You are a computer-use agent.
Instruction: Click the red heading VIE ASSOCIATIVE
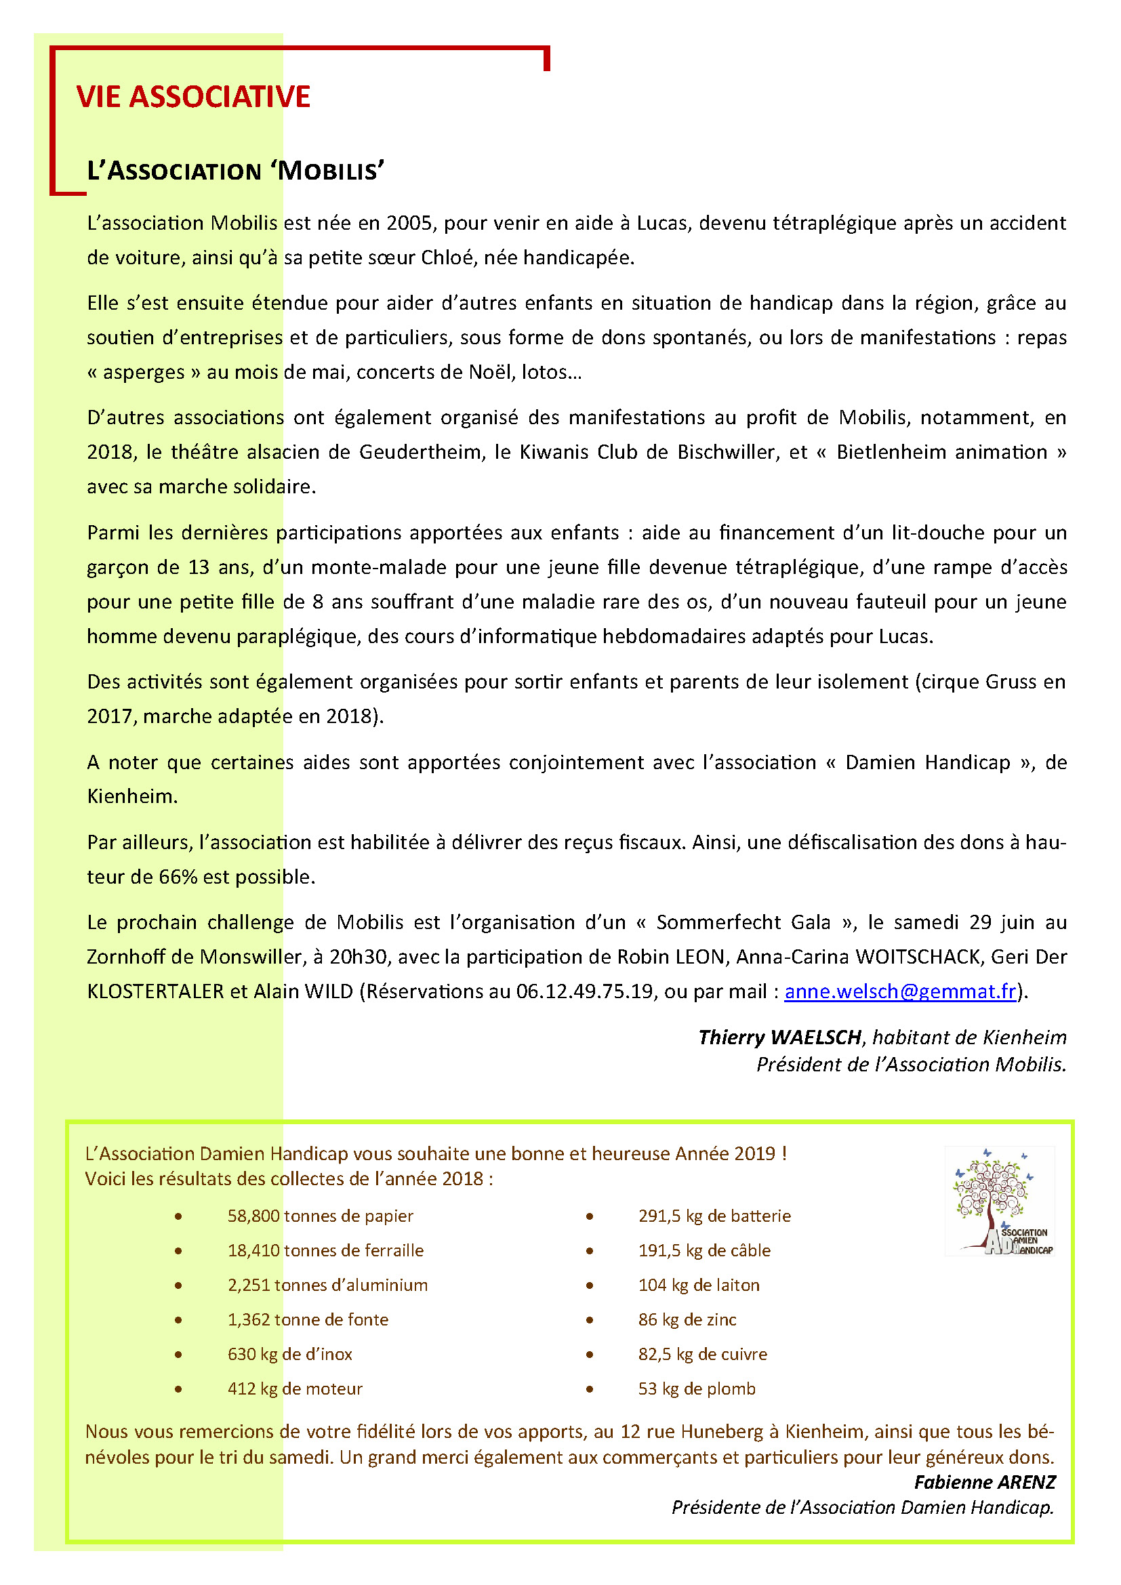pyautogui.click(x=193, y=97)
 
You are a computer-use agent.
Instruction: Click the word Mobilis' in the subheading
pyautogui.click(x=331, y=171)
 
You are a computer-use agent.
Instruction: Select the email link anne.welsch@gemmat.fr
pyautogui.click(x=900, y=991)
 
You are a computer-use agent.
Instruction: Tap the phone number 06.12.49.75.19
pyautogui.click(x=585, y=991)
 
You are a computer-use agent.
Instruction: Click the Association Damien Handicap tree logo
pyautogui.click(x=999, y=1203)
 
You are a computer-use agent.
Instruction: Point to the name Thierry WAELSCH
pyautogui.click(x=779, y=1037)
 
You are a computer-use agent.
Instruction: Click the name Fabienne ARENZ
pyautogui.click(x=984, y=1482)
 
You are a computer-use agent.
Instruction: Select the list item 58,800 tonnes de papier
pyautogui.click(x=321, y=1216)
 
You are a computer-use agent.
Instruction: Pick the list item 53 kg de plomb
pyautogui.click(x=697, y=1388)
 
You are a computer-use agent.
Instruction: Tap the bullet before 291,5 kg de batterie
pyautogui.click(x=590, y=1216)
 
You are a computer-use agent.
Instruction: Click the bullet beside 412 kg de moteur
pyautogui.click(x=179, y=1389)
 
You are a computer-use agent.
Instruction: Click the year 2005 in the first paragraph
pyautogui.click(x=409, y=223)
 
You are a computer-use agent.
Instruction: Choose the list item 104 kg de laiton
pyautogui.click(x=699, y=1285)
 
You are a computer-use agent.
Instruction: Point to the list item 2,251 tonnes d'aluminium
pyautogui.click(x=327, y=1285)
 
